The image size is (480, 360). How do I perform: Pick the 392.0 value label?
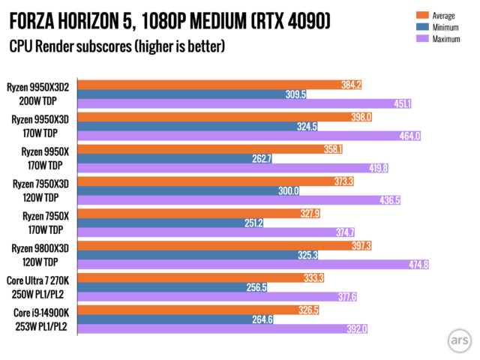tap(356, 328)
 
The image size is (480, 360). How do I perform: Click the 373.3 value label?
tap(341, 181)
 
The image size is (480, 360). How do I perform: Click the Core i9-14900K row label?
tap(42, 318)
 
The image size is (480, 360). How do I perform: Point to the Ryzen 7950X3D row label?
tap(42, 190)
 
